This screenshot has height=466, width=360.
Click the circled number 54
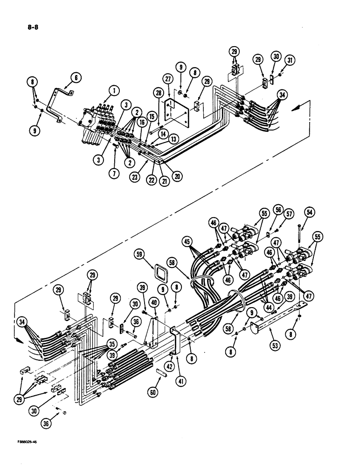pos(308,212)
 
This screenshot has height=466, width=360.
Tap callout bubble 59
pos(152,256)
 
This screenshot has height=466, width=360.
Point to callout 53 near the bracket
pos(274,345)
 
